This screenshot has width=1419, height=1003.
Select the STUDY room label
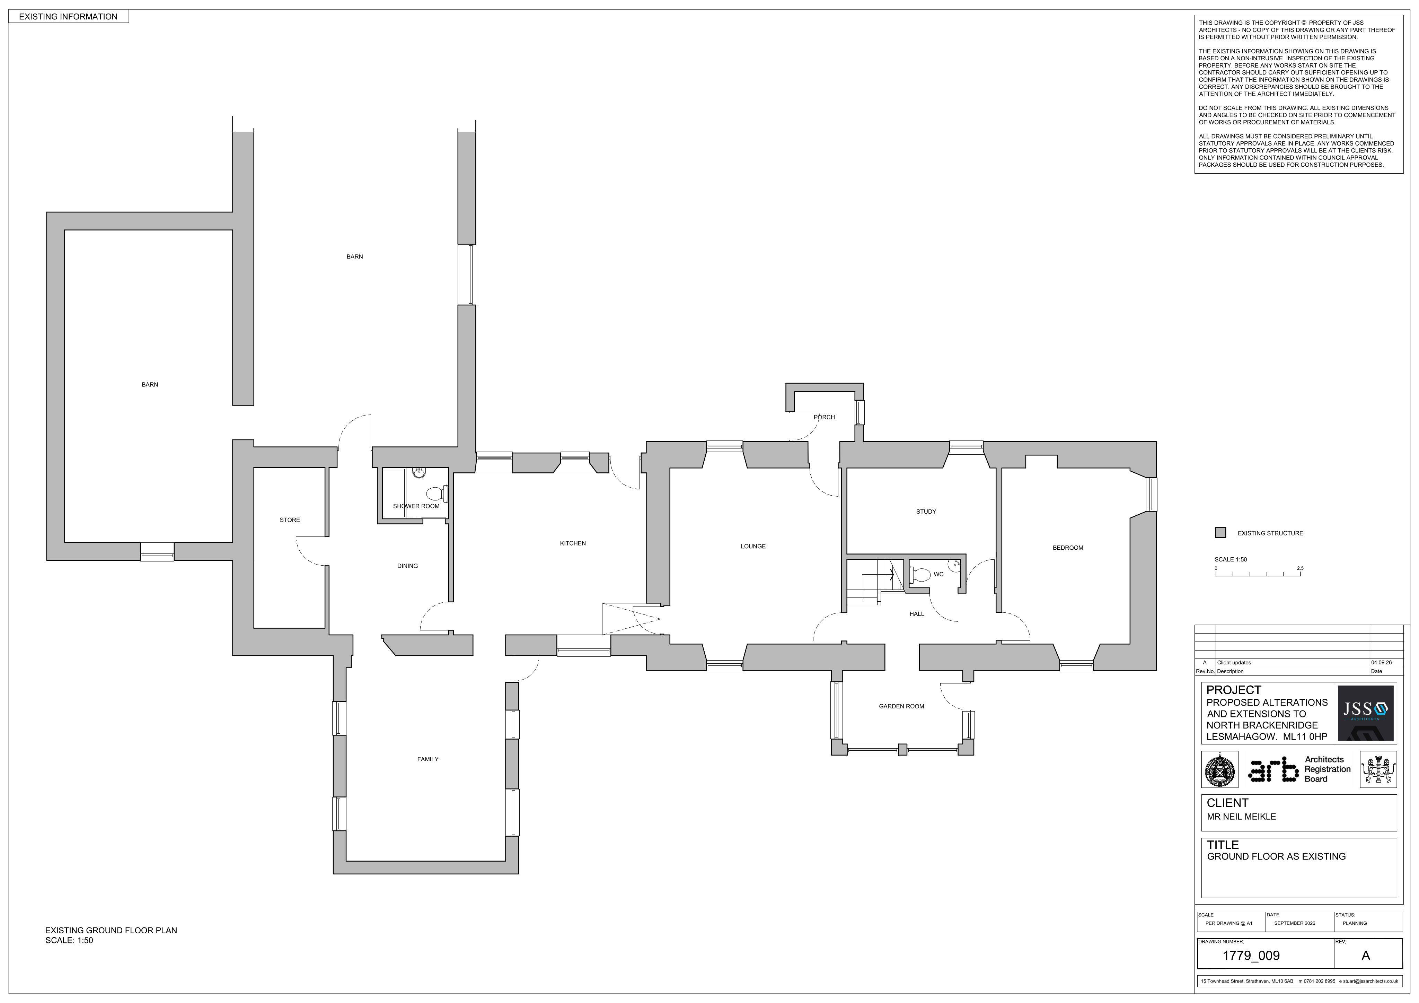(926, 512)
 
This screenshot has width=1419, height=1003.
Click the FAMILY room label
(428, 759)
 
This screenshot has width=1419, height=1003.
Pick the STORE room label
(290, 520)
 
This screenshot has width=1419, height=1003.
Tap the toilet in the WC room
(921, 575)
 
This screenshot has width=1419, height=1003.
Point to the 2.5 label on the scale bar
(1300, 568)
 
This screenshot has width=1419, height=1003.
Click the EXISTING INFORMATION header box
(69, 17)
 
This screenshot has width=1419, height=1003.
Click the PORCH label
(824, 417)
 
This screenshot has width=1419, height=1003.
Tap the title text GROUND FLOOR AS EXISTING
(1276, 856)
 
